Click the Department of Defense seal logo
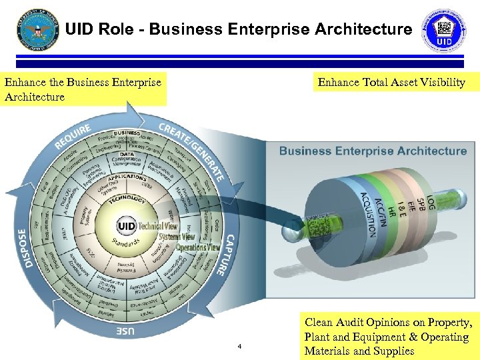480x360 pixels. click(39, 29)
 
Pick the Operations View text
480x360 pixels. click(198, 247)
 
